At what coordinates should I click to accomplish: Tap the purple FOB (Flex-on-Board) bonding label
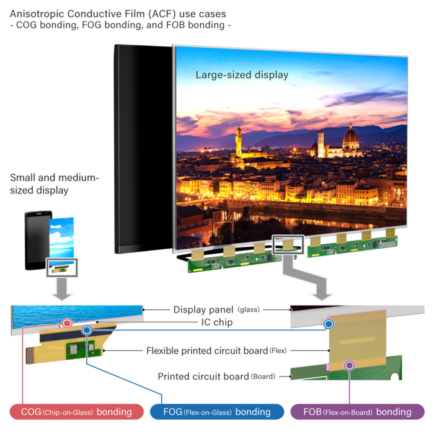point(357,412)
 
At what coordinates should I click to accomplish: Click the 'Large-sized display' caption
point(242,75)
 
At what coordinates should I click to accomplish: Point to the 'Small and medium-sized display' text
point(54,184)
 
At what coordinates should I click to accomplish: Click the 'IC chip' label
point(215,323)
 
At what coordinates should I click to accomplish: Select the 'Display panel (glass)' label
point(216,309)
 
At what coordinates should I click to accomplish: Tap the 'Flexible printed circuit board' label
point(216,350)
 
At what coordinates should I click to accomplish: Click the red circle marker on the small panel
point(66,323)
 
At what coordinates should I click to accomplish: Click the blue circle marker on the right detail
point(329,324)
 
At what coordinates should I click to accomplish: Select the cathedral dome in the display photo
point(351,135)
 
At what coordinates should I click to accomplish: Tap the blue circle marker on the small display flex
point(87,330)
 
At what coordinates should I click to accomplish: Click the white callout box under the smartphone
point(61,267)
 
